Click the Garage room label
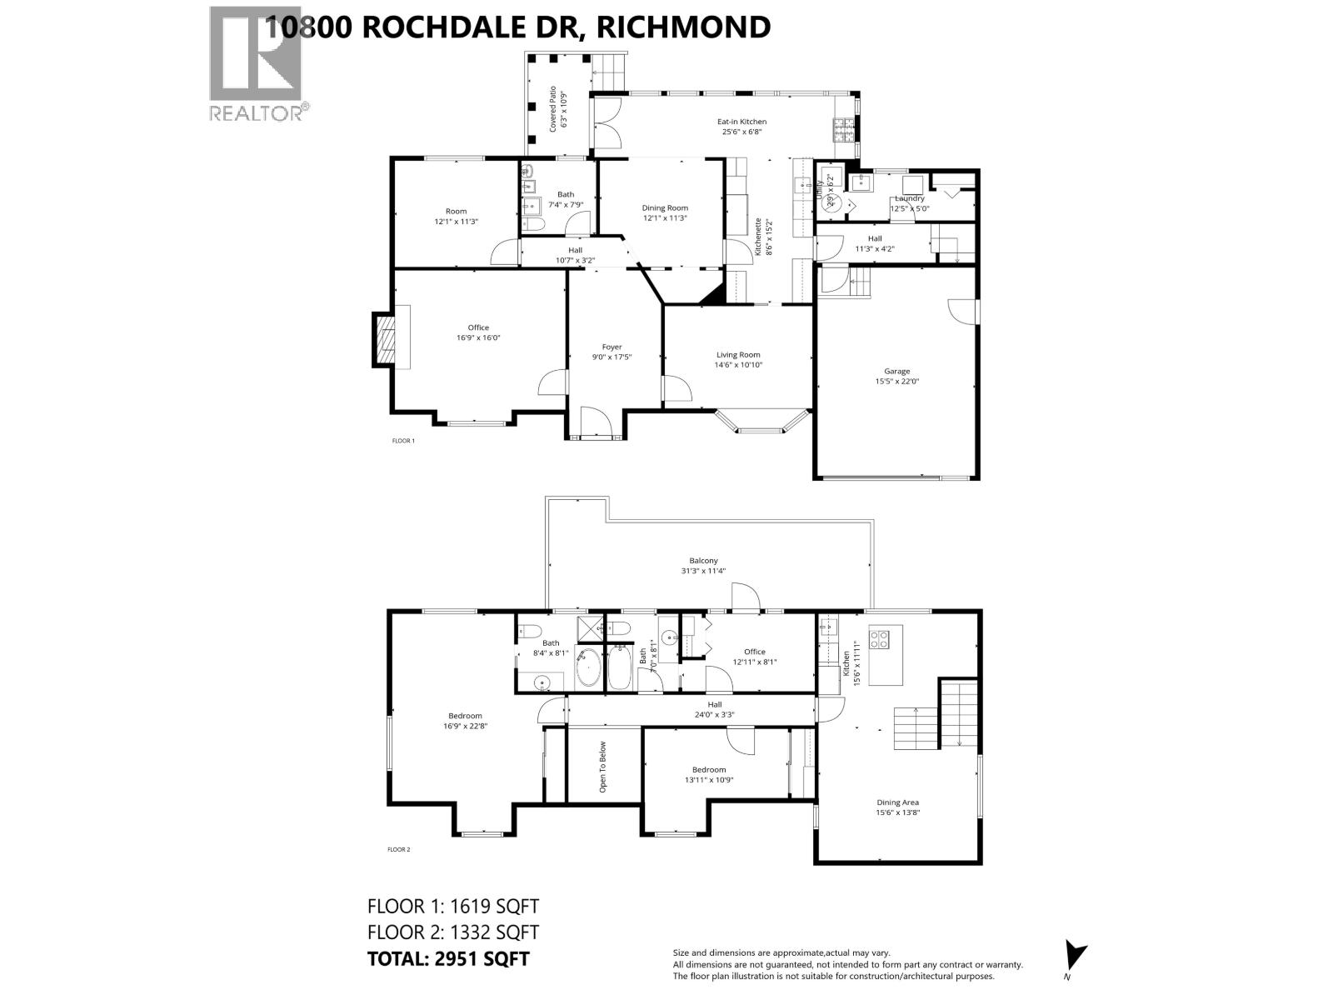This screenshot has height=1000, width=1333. pyautogui.click(x=896, y=372)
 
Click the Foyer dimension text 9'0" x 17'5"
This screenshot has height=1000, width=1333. pyautogui.click(x=612, y=357)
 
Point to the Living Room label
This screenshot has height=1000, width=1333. pyautogui.click(x=737, y=355)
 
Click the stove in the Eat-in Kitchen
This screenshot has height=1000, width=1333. pyautogui.click(x=843, y=128)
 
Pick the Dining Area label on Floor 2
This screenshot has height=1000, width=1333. pyautogui.click(x=897, y=802)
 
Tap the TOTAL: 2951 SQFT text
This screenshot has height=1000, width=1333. pyautogui.click(x=448, y=958)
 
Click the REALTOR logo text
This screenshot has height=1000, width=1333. pyautogui.click(x=258, y=112)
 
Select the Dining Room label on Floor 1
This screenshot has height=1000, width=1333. pyautogui.click(x=665, y=208)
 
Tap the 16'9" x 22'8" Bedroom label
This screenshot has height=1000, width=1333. pyautogui.click(x=465, y=716)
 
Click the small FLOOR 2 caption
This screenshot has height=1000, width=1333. pyautogui.click(x=399, y=850)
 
